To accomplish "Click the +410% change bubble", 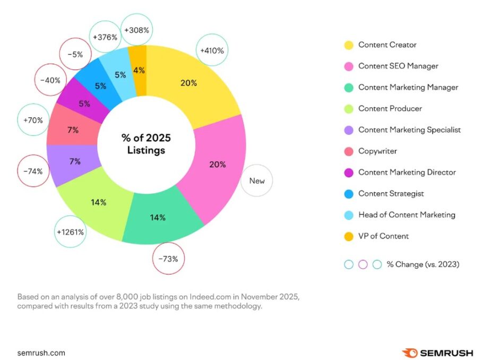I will point(212,51).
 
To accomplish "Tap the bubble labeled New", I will point(257,181).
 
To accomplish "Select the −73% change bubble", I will point(168,259).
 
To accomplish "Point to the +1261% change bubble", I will point(71,232).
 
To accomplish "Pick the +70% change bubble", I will point(33,120).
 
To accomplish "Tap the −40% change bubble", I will point(50,81).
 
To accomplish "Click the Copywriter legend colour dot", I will point(349,151).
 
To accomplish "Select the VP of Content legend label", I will point(383,236).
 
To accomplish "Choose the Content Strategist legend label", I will point(391,194).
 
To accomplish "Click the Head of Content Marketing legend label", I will point(407,215).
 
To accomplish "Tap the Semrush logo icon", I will point(410,353).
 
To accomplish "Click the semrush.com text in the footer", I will point(41,353).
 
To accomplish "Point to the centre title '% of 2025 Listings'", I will point(146,144).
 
